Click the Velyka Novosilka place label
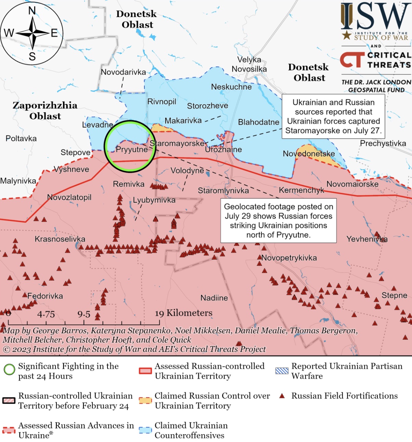[x=249, y=64]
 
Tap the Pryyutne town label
[x=132, y=149]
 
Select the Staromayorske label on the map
[x=177, y=143]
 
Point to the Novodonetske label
[x=309, y=154]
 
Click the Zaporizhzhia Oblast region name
[x=45, y=110]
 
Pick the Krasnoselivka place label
[x=60, y=239]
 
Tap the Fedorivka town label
[x=45, y=296]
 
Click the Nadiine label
[x=214, y=298]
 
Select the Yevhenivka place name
[x=367, y=239]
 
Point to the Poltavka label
[x=21, y=139]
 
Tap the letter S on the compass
[x=32, y=56]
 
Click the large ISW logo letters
[x=375, y=16]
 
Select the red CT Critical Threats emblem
[x=352, y=60]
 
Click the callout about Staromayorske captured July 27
[x=333, y=116]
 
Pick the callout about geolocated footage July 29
[x=279, y=221]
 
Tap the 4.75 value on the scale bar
[x=46, y=314]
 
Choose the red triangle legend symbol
[x=282, y=396]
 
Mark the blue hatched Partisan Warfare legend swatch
[x=282, y=371]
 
